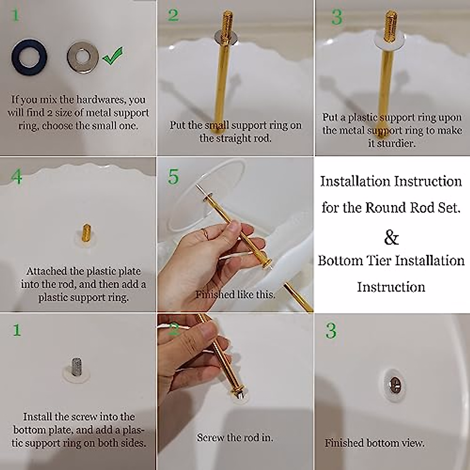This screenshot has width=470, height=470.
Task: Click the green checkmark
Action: (113, 56)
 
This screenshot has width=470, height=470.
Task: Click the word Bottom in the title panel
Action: (340, 260)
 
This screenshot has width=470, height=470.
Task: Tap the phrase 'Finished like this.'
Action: (235, 295)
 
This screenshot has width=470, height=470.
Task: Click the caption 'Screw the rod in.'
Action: (235, 437)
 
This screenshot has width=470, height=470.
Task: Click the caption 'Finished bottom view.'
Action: (374, 443)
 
